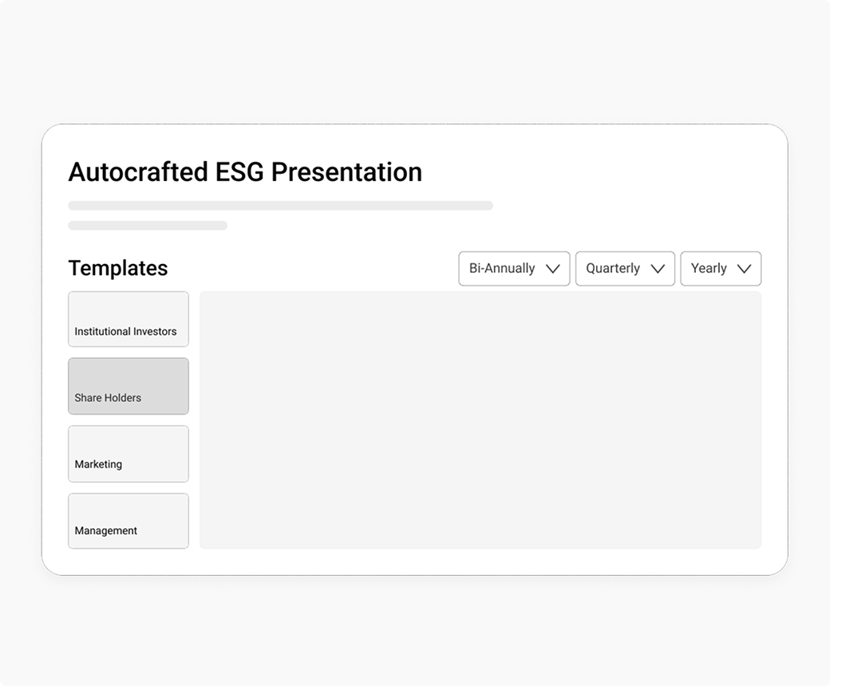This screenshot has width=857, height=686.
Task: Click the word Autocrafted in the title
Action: pyautogui.click(x=139, y=172)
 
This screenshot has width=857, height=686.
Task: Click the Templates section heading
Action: pyautogui.click(x=118, y=268)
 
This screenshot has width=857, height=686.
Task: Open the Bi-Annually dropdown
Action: pyautogui.click(x=514, y=269)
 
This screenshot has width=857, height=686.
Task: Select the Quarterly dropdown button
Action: pyautogui.click(x=625, y=269)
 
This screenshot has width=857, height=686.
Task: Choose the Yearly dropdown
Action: pyautogui.click(x=721, y=269)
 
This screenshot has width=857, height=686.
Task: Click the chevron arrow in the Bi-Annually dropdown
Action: pyautogui.click(x=553, y=269)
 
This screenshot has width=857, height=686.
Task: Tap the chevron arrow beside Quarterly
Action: pyautogui.click(x=658, y=269)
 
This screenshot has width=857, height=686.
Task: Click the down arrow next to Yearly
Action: pyautogui.click(x=744, y=269)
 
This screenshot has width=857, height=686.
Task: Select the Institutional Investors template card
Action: pyautogui.click(x=128, y=319)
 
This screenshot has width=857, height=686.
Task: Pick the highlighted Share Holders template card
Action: pyautogui.click(x=128, y=386)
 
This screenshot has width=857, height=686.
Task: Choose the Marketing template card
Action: pyautogui.click(x=128, y=454)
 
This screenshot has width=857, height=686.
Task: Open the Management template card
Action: pyautogui.click(x=128, y=521)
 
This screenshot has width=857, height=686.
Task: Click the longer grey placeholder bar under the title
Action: pyautogui.click(x=280, y=206)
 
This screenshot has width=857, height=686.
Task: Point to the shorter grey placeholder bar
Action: pyautogui.click(x=148, y=226)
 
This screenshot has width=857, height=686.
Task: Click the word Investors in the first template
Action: pyautogui.click(x=155, y=332)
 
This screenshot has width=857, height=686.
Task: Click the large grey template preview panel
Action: pyautogui.click(x=480, y=420)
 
